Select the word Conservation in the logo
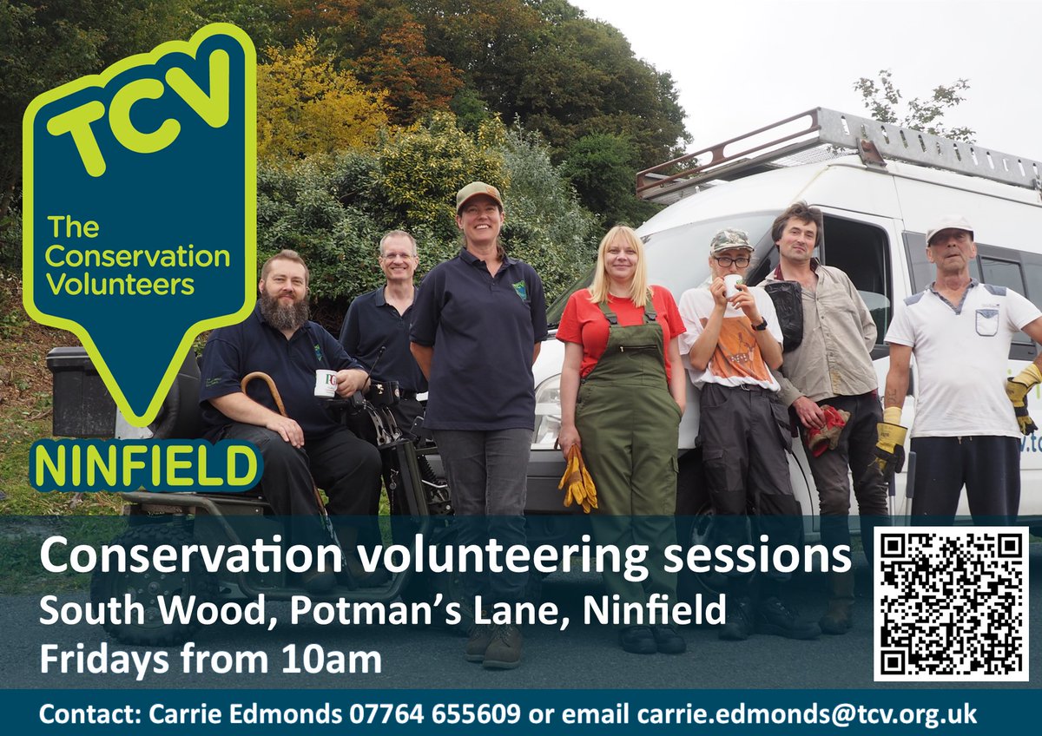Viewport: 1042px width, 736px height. coord(137,257)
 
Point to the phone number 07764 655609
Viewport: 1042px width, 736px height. coord(435,714)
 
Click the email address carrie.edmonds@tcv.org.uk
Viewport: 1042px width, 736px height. coord(807,714)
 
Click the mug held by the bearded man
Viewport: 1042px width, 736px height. coord(325,383)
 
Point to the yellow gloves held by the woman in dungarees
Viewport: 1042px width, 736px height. coord(577,478)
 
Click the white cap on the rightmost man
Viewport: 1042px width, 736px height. coord(948,227)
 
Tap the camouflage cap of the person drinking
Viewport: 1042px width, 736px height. coord(730,240)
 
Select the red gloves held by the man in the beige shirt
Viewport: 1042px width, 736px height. coord(826,429)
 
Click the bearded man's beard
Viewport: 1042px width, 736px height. coord(284,311)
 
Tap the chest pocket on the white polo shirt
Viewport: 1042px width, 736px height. coord(986,322)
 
